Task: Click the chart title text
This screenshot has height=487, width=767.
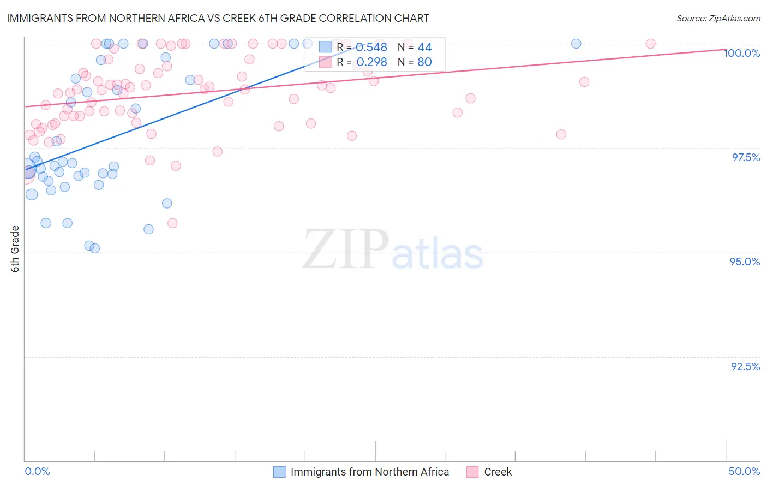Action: pyautogui.click(x=218, y=18)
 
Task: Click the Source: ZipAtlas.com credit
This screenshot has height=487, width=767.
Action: pyautogui.click(x=718, y=18)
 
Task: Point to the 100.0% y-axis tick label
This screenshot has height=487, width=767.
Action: pyautogui.click(x=742, y=53)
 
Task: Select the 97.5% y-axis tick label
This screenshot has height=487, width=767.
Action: pyautogui.click(x=745, y=157)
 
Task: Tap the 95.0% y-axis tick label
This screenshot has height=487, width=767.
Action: pyautogui.click(x=745, y=262)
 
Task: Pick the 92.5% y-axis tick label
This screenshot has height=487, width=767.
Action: pyautogui.click(x=745, y=366)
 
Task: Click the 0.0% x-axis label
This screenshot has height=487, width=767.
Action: pyautogui.click(x=38, y=472)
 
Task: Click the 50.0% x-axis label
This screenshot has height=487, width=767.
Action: pyautogui.click(x=744, y=472)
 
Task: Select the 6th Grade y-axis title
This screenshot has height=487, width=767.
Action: pyautogui.click(x=15, y=249)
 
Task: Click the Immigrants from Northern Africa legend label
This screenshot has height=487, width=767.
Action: pyautogui.click(x=369, y=472)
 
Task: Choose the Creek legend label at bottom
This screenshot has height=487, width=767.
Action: pyautogui.click(x=498, y=472)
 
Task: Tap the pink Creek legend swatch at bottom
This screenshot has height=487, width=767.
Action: pyautogui.click(x=472, y=472)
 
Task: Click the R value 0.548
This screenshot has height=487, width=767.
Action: pyautogui.click(x=371, y=47)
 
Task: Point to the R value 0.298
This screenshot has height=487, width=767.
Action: pyautogui.click(x=371, y=62)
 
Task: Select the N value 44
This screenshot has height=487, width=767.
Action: pyautogui.click(x=424, y=47)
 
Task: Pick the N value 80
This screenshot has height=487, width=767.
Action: pyautogui.click(x=424, y=62)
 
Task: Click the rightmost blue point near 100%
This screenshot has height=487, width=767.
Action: pyautogui.click(x=576, y=44)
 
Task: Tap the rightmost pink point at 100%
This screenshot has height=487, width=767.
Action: pyautogui.click(x=650, y=44)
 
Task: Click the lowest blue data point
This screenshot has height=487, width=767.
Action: pyautogui.click(x=95, y=248)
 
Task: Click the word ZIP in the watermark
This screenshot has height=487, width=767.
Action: pyautogui.click(x=346, y=250)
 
